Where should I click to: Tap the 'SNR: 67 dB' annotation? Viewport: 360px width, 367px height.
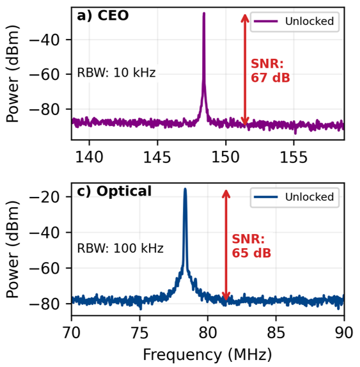[x=269, y=71]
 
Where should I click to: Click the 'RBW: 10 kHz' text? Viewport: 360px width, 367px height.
[x=116, y=73]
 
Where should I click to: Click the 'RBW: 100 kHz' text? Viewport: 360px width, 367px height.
[x=120, y=248]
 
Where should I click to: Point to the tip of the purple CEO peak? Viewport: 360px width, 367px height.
[x=204, y=13]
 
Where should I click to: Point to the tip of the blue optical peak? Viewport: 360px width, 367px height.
[x=185, y=189]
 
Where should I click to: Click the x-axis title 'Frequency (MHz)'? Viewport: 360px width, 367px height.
[x=207, y=354]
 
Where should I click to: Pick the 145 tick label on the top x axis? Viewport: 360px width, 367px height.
[x=157, y=156]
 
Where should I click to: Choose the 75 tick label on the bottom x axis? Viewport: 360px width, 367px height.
[x=139, y=332]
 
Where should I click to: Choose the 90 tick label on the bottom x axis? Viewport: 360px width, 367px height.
[x=343, y=332]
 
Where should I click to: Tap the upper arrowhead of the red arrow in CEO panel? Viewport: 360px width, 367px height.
[x=244, y=17]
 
